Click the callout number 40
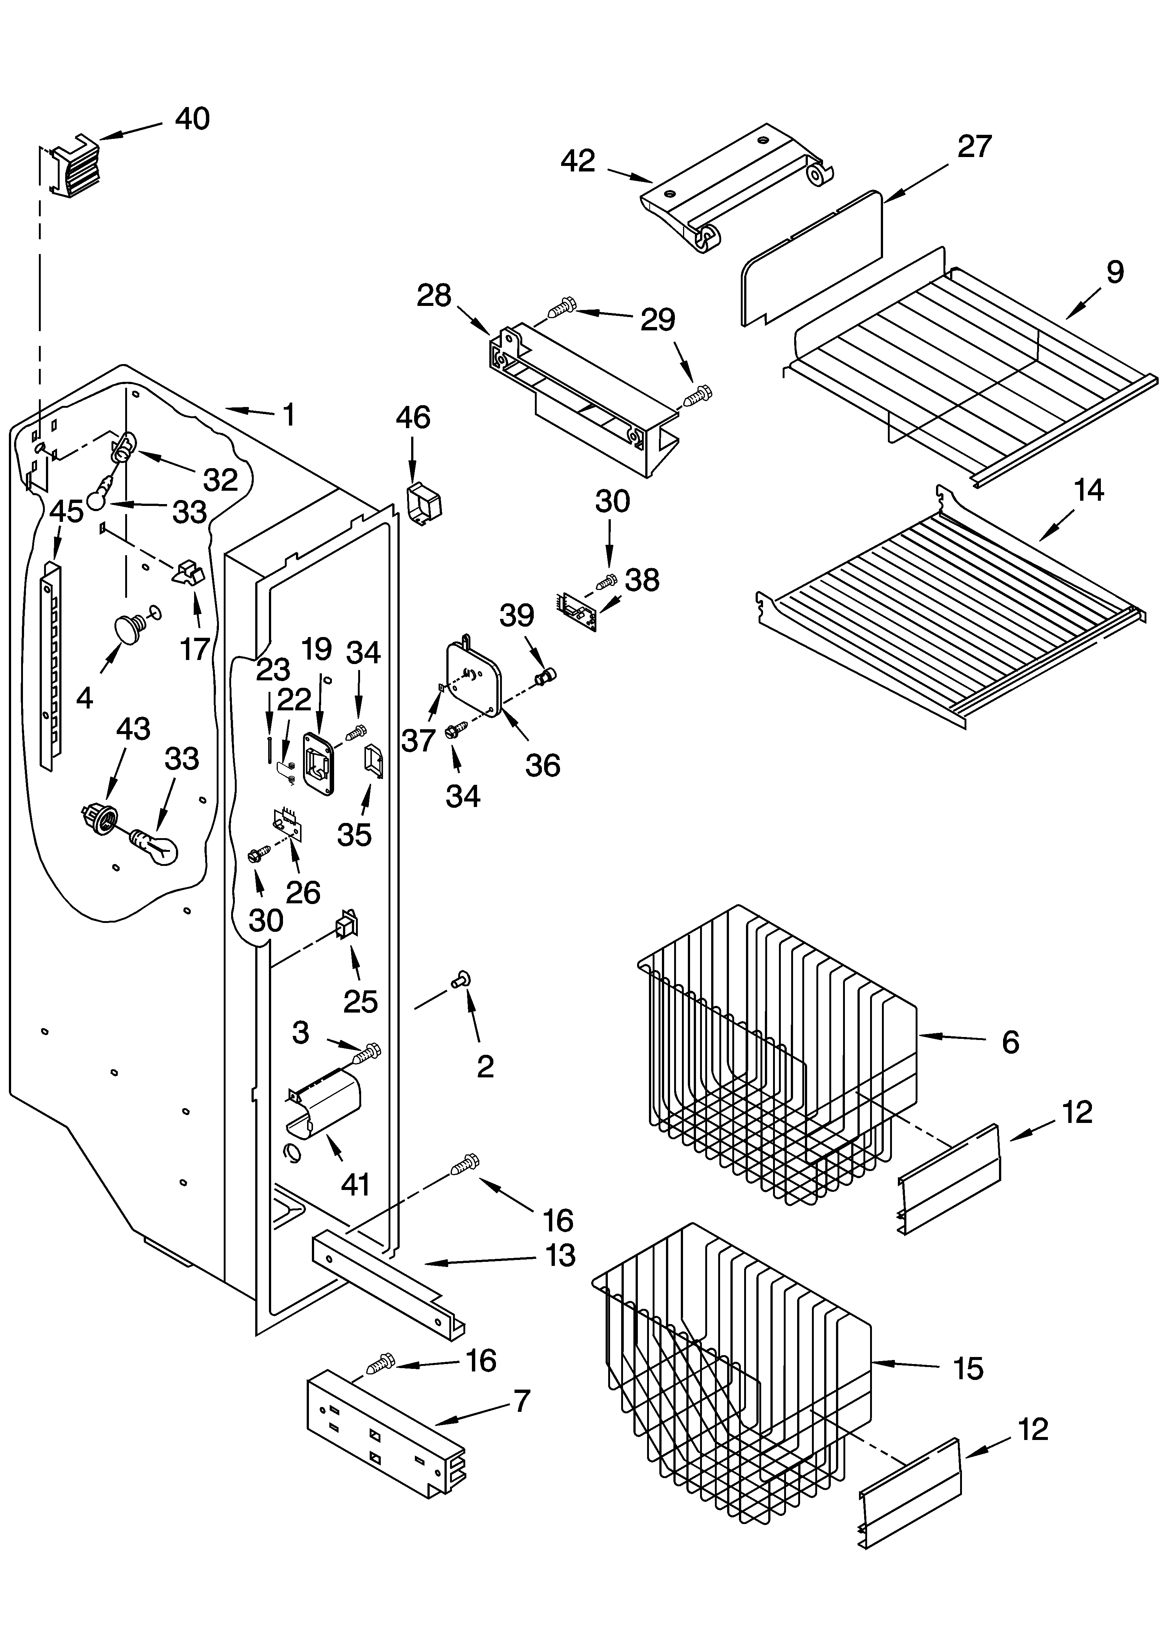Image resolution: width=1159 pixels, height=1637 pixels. [x=193, y=119]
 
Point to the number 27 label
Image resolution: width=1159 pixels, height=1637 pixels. [x=974, y=146]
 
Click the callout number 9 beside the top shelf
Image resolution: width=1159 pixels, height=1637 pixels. [x=1115, y=272]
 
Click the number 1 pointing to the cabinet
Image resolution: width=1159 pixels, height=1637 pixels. [x=288, y=414]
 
